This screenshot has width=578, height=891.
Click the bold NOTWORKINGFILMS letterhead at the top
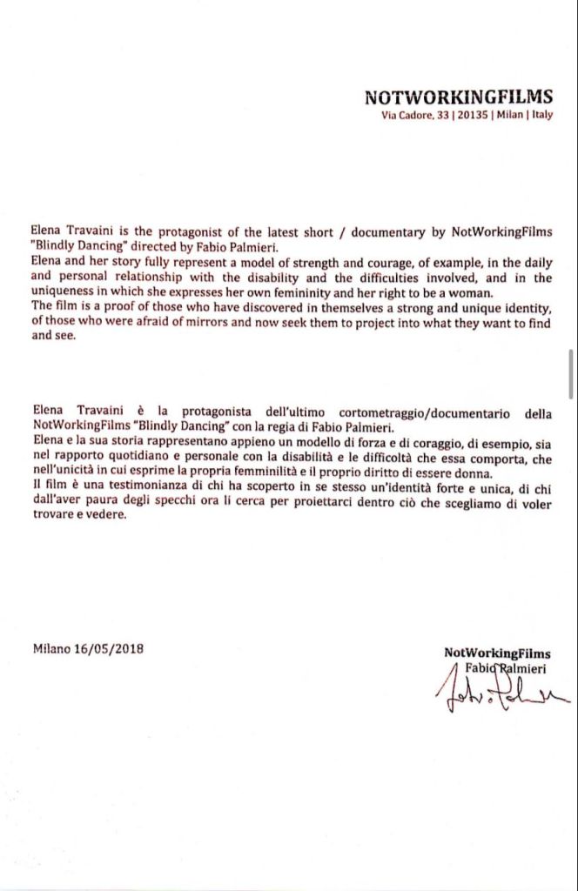point(458,97)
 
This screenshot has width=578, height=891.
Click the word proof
point(124,306)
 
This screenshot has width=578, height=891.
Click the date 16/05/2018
point(110,649)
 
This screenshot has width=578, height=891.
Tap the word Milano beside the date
point(53,649)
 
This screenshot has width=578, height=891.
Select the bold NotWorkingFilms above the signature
point(496,653)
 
